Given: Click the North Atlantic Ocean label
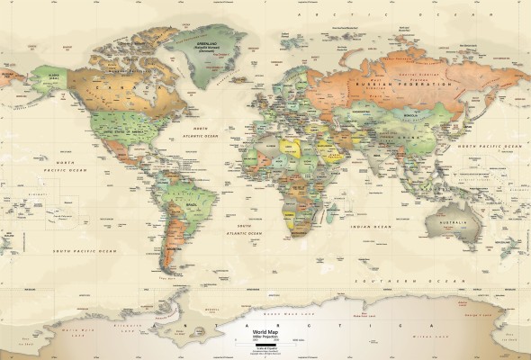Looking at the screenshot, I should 198,132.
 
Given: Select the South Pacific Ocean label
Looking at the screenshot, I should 85,251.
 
